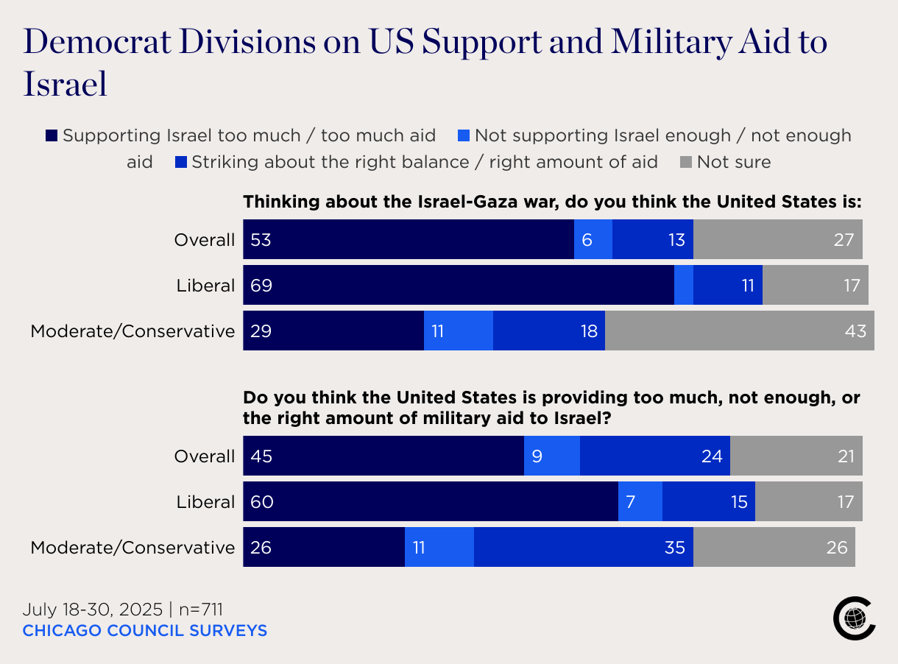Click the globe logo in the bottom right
pos(854,619)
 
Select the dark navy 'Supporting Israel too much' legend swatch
pos(51,136)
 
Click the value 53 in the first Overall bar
pos(261,240)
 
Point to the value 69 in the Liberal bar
pos(261,286)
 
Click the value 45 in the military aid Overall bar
pos(261,456)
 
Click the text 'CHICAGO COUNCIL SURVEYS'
pos(145,631)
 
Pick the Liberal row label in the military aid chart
pos(205,502)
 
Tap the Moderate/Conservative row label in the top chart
pos(132,331)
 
